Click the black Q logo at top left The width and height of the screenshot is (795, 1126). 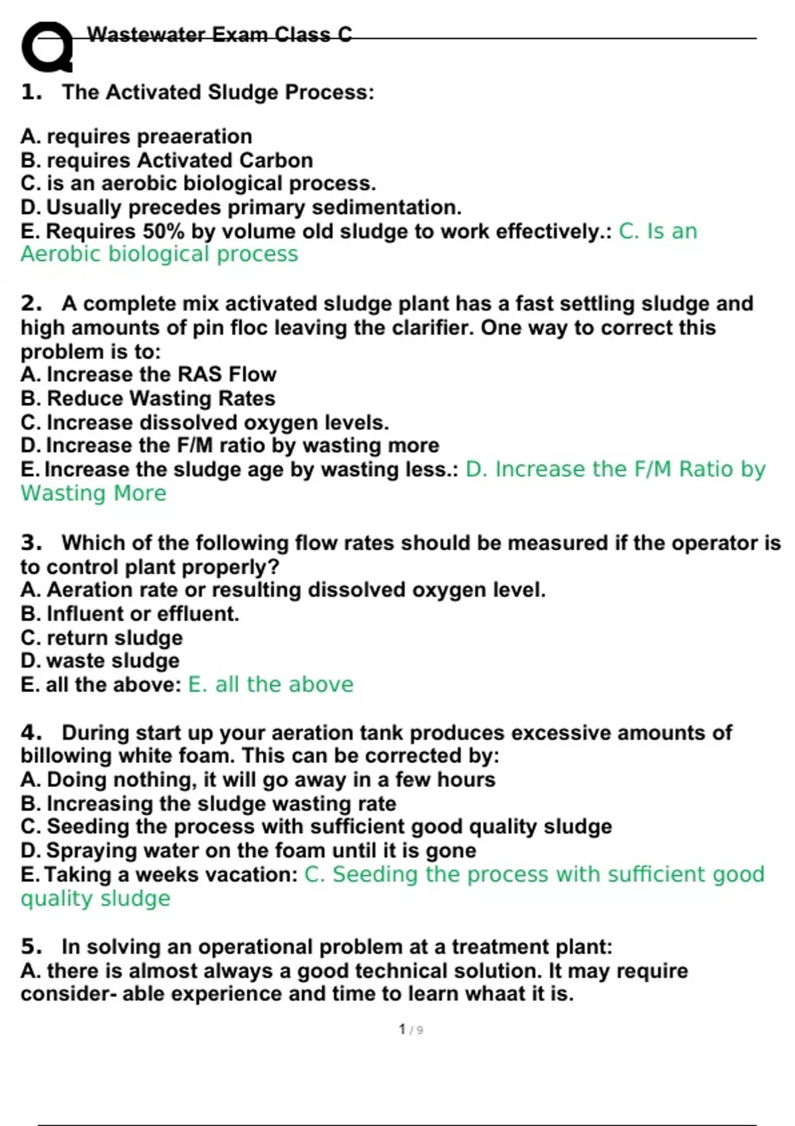point(47,46)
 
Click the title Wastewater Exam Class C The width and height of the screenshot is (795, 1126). point(219,34)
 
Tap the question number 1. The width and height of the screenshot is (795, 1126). point(30,92)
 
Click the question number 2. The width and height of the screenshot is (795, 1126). point(30,303)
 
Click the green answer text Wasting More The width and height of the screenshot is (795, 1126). point(93,493)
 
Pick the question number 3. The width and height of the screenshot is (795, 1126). point(30,542)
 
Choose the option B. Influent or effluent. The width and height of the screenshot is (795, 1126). point(130,614)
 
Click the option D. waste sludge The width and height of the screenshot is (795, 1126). point(100,661)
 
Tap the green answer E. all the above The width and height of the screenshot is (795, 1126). point(270,684)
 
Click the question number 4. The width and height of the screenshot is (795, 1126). point(30,733)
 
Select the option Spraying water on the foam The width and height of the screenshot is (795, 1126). point(248,850)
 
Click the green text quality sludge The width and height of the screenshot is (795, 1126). point(95,899)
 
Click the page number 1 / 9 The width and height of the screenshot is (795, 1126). point(411,1029)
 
